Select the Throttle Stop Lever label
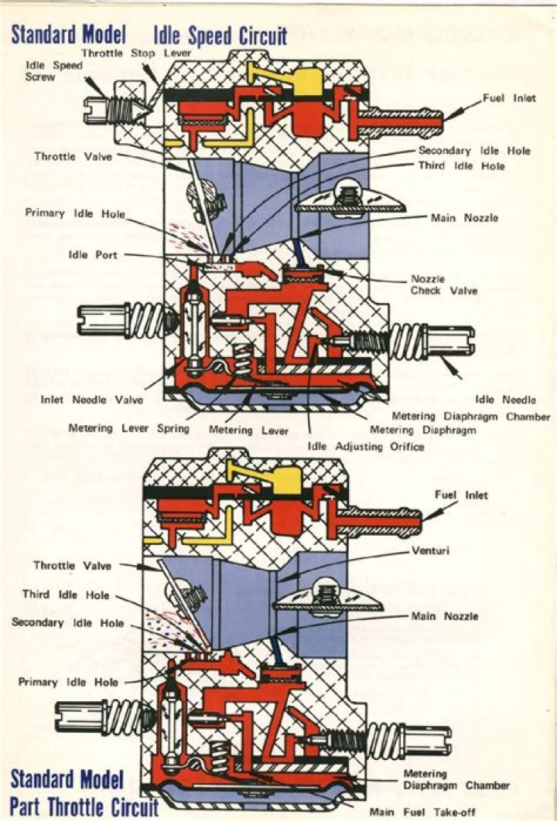click(136, 53)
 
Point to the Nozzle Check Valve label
click(443, 284)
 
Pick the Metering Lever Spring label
click(128, 428)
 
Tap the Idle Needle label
click(497, 399)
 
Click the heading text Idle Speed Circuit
click(220, 35)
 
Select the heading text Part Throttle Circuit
click(84, 806)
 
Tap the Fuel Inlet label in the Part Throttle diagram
click(462, 495)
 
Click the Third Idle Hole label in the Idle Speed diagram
click(461, 166)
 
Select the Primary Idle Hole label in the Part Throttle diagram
click(69, 682)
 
